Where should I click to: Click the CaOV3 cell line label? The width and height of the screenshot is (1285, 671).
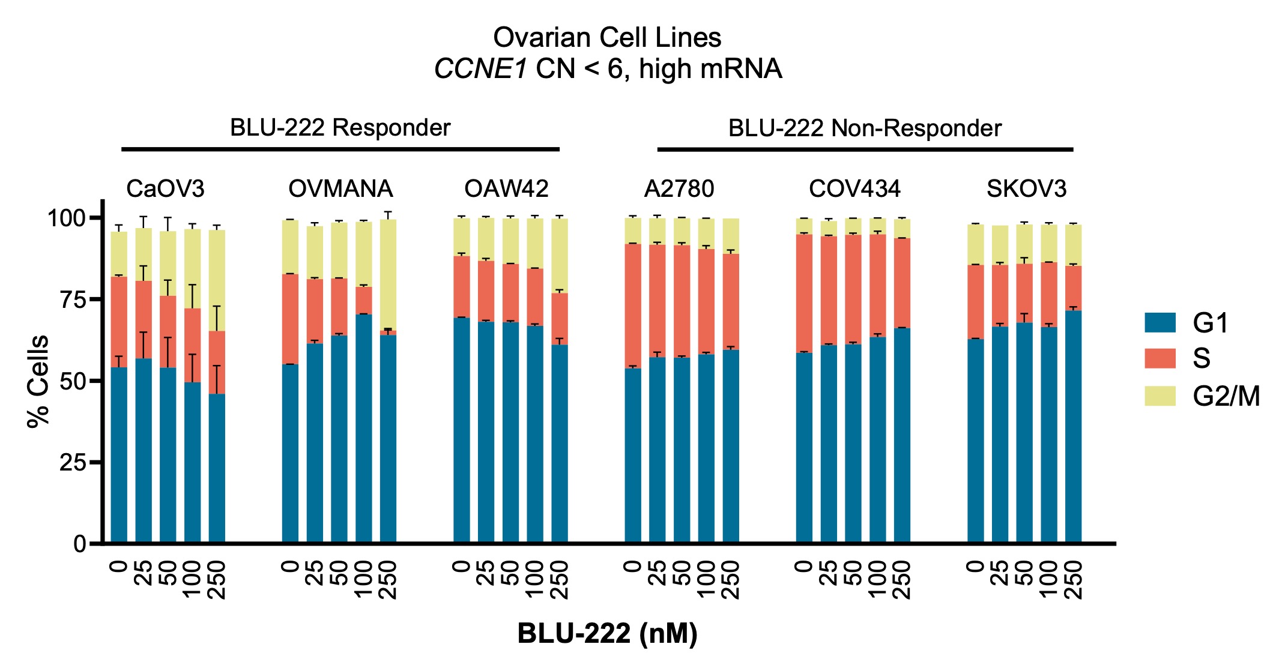(165, 189)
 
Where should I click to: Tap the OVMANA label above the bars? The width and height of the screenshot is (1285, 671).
(340, 189)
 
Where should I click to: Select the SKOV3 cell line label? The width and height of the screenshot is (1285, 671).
(1026, 189)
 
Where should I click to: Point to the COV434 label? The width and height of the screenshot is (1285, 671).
(854, 189)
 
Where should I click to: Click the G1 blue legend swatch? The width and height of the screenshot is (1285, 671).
(1160, 323)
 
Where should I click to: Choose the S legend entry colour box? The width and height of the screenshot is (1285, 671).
(1160, 358)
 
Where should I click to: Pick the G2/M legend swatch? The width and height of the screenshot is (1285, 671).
(1160, 396)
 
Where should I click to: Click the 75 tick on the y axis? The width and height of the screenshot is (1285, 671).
(73, 299)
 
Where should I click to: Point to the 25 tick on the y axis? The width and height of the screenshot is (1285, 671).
(73, 463)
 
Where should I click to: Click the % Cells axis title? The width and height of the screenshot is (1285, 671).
(38, 382)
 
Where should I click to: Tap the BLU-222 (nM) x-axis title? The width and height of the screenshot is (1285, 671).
(607, 633)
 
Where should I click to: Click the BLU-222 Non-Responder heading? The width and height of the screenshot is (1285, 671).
(865, 128)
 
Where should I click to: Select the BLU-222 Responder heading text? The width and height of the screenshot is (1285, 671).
(340, 128)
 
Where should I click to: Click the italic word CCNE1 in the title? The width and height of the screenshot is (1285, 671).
(480, 69)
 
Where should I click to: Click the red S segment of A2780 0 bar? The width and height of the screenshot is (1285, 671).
(633, 306)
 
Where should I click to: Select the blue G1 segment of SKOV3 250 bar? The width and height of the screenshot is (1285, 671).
(1073, 426)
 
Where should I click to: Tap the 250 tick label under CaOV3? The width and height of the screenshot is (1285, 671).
(217, 580)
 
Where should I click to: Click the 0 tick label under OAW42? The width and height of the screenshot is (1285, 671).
(461, 567)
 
